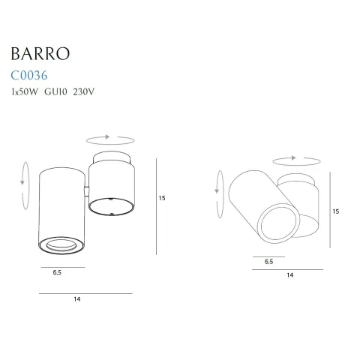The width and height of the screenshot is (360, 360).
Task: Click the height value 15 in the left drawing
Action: pos(162,199)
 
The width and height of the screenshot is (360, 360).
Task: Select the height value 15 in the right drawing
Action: pos(336,211)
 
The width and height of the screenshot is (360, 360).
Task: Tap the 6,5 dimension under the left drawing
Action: pos(58,274)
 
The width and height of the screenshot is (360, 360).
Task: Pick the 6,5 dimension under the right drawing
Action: pos(268,261)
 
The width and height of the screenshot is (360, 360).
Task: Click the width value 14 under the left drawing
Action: pos(77,300)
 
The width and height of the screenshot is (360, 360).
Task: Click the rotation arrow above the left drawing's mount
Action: pos(110,139)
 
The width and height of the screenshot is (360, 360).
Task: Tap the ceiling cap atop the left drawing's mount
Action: pos(111,155)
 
